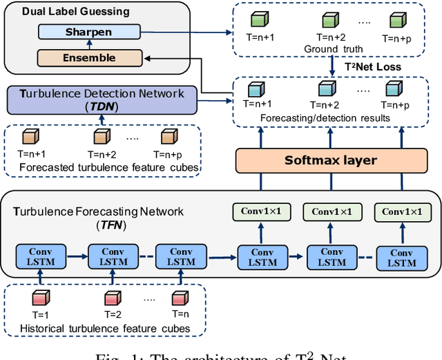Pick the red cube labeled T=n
(x=179, y=299)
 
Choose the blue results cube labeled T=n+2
(x=327, y=89)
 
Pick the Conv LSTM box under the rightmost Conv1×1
(x=401, y=258)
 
